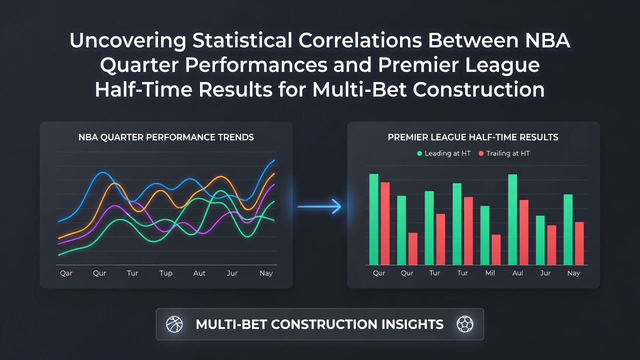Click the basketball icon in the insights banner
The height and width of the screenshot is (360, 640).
[174, 324]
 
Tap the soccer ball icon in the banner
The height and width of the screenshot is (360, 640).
[465, 324]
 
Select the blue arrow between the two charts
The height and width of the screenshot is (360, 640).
[319, 206]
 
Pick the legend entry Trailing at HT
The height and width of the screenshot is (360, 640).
[504, 153]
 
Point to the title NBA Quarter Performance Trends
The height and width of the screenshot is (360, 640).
[166, 137]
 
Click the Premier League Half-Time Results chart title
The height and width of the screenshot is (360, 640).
[473, 137]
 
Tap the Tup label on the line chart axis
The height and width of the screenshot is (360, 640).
[165, 273]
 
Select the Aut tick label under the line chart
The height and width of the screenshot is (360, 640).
[199, 273]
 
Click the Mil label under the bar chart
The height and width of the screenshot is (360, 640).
[490, 273]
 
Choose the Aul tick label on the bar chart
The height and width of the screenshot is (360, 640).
[517, 273]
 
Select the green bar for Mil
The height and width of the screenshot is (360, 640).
[485, 235]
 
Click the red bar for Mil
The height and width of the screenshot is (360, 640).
[496, 249]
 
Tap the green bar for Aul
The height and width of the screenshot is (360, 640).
[512, 219]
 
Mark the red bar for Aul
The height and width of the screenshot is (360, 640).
[523, 232]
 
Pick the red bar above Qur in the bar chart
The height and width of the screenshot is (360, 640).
[413, 248]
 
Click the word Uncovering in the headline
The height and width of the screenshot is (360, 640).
[127, 40]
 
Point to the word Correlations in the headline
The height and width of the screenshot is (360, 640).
[360, 40]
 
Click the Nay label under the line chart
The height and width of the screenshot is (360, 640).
[266, 273]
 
